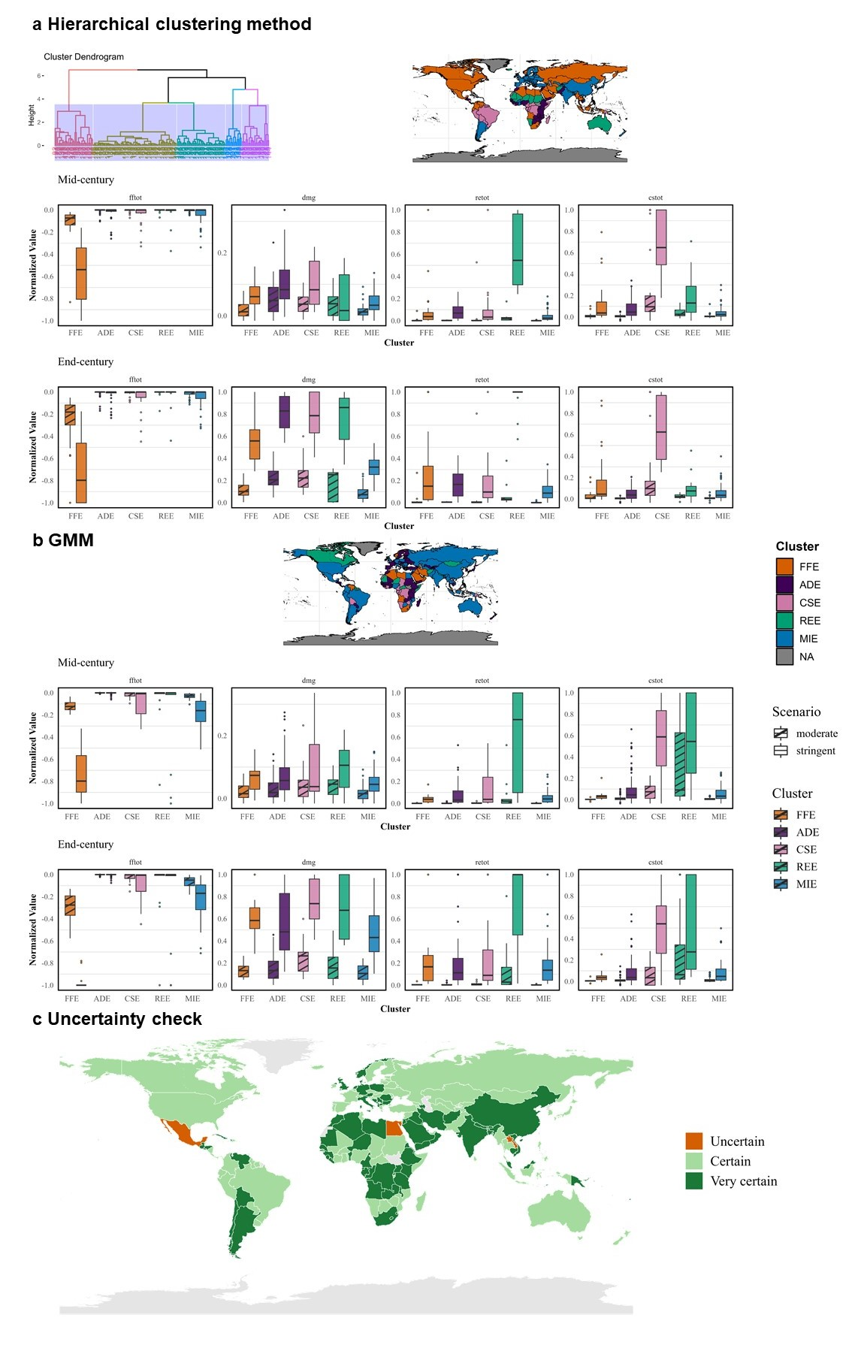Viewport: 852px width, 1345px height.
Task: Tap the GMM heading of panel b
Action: (x=71, y=540)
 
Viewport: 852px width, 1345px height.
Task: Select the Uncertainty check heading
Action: (x=125, y=1019)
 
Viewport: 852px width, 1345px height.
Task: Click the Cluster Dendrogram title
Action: (x=83, y=56)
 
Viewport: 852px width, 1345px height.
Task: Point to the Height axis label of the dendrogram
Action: (x=32, y=115)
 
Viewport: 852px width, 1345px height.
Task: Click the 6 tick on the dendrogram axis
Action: (x=38, y=76)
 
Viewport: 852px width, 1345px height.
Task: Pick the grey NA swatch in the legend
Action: (x=784, y=657)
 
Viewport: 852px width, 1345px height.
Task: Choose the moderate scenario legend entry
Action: (x=816, y=733)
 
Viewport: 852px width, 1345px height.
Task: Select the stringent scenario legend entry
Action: (x=815, y=751)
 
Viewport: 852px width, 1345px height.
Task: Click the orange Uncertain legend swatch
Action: (x=693, y=1141)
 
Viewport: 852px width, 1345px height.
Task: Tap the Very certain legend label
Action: (x=743, y=1181)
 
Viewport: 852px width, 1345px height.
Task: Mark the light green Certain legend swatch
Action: (x=693, y=1161)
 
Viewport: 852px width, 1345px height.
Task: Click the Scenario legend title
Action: (x=796, y=712)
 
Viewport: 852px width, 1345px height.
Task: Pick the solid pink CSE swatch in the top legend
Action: (x=784, y=603)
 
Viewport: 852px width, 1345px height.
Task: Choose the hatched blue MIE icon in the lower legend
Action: (x=781, y=884)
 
